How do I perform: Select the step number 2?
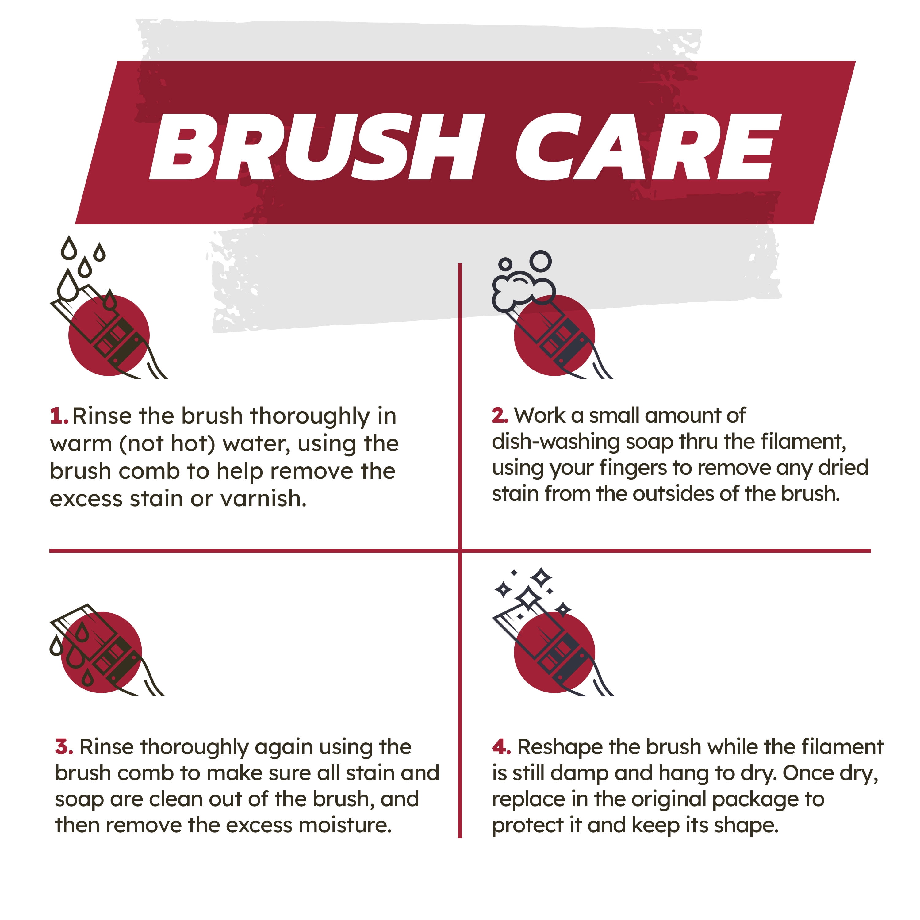[x=500, y=416]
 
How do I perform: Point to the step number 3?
[x=64, y=747]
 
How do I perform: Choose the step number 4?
[x=501, y=747]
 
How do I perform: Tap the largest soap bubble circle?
[x=540, y=261]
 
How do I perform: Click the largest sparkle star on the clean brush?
[x=527, y=598]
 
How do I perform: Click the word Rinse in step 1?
[x=102, y=416]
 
